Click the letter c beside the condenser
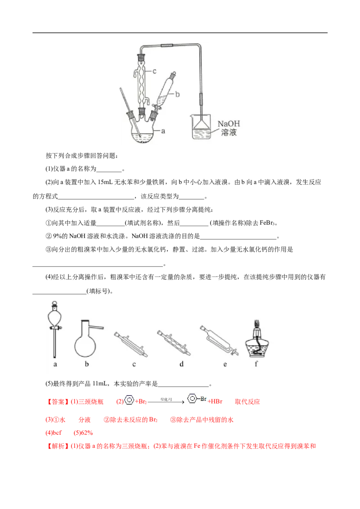click(154, 71)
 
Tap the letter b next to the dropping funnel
click(177, 94)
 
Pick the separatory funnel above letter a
click(55, 326)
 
